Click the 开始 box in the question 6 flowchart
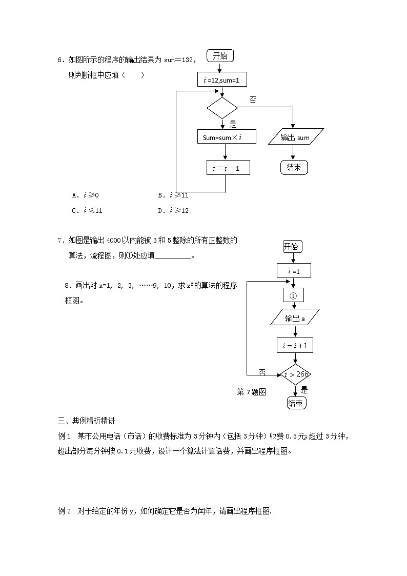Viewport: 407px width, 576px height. tap(220, 56)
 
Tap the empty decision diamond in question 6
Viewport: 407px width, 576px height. tap(222, 108)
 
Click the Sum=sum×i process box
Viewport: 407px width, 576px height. tap(226, 137)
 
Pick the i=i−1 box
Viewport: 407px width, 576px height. tap(228, 168)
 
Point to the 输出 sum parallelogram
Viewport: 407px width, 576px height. tap(296, 137)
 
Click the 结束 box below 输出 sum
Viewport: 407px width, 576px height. tap(294, 167)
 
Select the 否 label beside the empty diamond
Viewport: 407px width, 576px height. tap(253, 100)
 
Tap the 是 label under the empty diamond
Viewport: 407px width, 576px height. tap(233, 124)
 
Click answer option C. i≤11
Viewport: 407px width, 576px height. tap(87, 210)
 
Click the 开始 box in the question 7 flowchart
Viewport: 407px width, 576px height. tap(292, 247)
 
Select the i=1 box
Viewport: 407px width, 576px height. tap(293, 271)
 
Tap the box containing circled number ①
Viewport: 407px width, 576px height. tap(293, 295)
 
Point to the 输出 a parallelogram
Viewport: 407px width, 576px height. tap(295, 319)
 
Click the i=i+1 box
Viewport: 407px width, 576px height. tap(295, 346)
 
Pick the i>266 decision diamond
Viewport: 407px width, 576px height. tap(296, 374)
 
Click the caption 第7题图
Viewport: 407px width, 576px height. tap(251, 392)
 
